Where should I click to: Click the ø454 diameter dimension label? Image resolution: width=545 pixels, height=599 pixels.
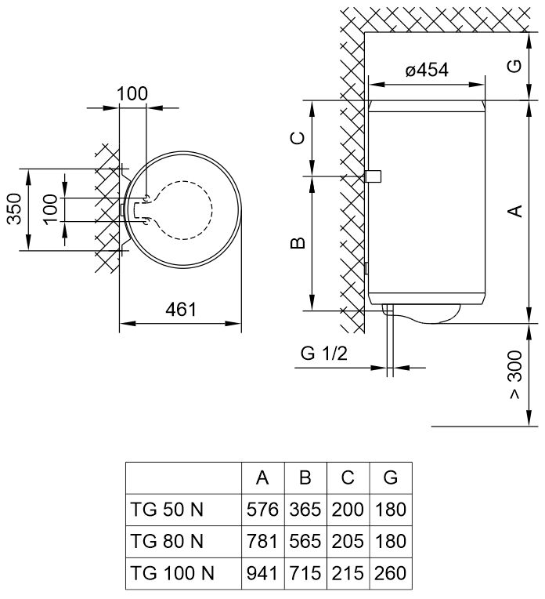[427, 71]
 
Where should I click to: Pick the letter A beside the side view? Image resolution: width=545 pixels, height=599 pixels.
[514, 211]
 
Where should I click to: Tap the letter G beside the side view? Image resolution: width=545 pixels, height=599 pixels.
[514, 66]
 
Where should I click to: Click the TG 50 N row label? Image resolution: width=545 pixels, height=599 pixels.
[164, 509]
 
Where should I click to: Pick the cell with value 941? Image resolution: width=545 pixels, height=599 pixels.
[262, 573]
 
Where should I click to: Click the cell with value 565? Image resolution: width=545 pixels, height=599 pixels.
[305, 541]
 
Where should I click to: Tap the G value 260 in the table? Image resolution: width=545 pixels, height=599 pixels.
[390, 573]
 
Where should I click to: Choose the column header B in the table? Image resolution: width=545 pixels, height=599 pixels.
[305, 477]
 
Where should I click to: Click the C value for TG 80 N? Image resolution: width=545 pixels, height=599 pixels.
[347, 541]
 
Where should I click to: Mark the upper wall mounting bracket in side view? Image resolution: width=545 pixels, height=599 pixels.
[374, 176]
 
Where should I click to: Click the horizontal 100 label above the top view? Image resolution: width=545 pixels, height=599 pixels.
[132, 95]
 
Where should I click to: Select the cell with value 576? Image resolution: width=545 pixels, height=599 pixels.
[262, 509]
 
